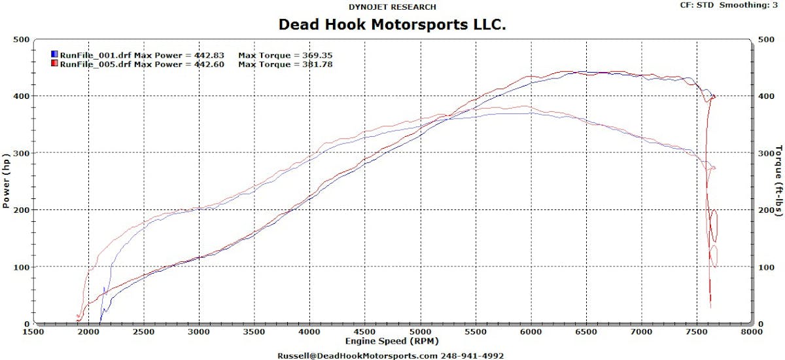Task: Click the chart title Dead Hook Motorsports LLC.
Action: point(392,25)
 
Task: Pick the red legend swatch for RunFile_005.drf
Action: point(54,64)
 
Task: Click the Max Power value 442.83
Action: point(207,55)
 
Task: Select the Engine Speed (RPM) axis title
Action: point(392,341)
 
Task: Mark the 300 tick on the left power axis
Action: point(21,153)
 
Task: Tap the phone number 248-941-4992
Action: point(472,355)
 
